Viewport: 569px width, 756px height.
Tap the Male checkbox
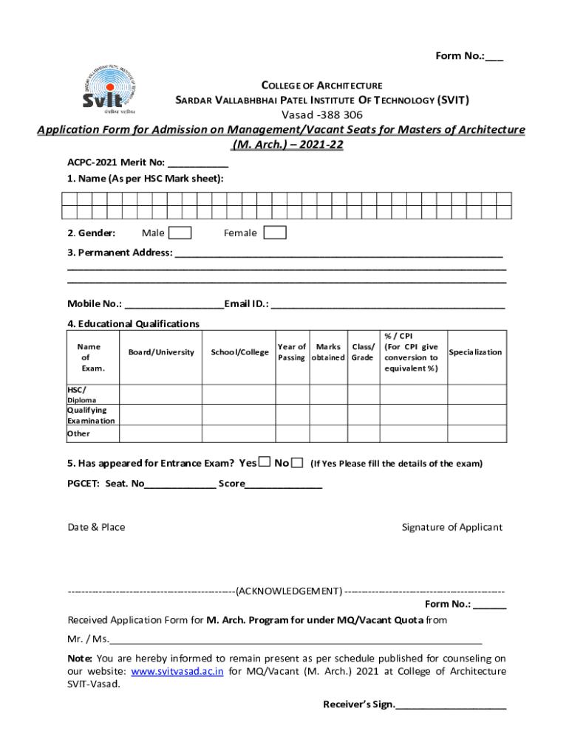(x=180, y=233)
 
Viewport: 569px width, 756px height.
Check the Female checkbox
(x=275, y=233)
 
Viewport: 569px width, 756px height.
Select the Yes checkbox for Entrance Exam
(x=265, y=463)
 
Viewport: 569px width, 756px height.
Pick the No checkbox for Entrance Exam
(x=297, y=463)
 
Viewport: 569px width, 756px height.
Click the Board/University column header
(x=161, y=352)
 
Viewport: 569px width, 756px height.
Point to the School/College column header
(x=239, y=352)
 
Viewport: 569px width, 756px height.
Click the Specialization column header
(x=475, y=352)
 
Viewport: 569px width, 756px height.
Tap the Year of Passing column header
(x=292, y=352)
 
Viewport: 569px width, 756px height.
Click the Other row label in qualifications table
(x=78, y=433)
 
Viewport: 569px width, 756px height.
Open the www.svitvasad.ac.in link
(x=177, y=672)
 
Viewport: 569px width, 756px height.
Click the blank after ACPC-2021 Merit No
(x=198, y=165)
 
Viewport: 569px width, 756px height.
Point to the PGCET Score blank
(x=284, y=486)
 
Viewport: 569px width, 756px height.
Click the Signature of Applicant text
(x=452, y=527)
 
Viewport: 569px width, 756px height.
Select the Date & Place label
(x=96, y=527)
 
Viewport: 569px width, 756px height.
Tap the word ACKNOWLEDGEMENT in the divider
(x=289, y=591)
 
